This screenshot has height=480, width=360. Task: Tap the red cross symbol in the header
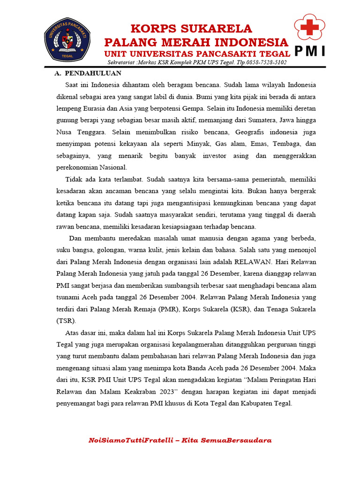click(x=309, y=28)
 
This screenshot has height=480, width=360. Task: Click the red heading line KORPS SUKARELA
click(x=191, y=29)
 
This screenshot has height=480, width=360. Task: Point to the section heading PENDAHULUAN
click(x=93, y=73)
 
